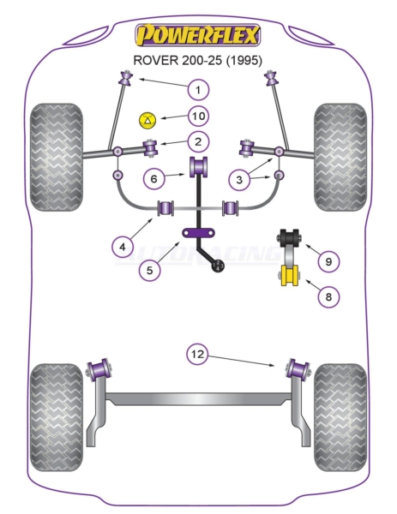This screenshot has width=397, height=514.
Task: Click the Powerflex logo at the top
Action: (x=198, y=35)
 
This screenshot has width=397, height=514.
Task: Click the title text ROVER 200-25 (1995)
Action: (x=197, y=60)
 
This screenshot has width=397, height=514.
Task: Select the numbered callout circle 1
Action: (x=198, y=89)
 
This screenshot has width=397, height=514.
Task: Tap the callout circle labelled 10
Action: (x=199, y=116)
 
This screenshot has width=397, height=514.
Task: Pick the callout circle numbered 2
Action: (x=198, y=142)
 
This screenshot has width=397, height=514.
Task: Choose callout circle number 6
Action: (x=153, y=179)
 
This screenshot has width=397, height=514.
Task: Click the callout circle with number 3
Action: (x=239, y=179)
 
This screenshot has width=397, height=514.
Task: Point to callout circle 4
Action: (x=123, y=247)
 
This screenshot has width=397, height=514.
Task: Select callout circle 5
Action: (x=149, y=270)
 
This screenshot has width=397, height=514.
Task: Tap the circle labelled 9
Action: (x=328, y=261)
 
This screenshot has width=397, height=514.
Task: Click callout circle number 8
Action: (x=328, y=296)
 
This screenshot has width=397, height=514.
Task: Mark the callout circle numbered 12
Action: (x=197, y=354)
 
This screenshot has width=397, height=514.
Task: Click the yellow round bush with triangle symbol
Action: (x=147, y=120)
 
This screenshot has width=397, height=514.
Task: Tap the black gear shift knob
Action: (x=218, y=266)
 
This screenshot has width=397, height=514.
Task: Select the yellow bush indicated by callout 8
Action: (x=289, y=275)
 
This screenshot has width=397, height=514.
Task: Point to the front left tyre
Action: (x=56, y=157)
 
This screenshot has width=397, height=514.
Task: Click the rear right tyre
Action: (x=340, y=417)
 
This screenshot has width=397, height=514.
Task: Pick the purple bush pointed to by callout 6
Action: (x=199, y=166)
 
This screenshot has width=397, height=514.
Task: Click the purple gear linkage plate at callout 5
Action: (x=199, y=233)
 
